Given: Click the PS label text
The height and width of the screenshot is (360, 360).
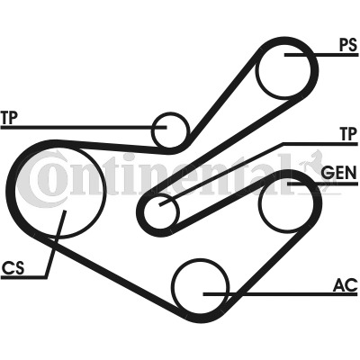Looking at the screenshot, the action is [348, 45].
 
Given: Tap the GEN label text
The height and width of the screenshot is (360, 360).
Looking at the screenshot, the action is [338, 173].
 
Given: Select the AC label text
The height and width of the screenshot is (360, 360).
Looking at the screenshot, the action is [346, 285].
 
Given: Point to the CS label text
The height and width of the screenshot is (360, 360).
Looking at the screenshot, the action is [13, 268].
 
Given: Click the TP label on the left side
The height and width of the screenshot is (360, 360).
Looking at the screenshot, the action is [9, 117].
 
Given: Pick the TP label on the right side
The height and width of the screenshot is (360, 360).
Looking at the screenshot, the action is [348, 134].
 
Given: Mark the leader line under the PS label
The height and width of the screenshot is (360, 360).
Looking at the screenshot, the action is [321, 55].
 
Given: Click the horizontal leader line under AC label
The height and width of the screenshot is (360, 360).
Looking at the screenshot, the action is [280, 294].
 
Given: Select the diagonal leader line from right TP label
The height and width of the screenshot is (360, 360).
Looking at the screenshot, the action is [220, 175].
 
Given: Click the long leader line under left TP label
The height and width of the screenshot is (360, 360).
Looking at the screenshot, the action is [84, 127].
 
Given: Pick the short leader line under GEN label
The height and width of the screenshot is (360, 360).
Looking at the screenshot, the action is [322, 184].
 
